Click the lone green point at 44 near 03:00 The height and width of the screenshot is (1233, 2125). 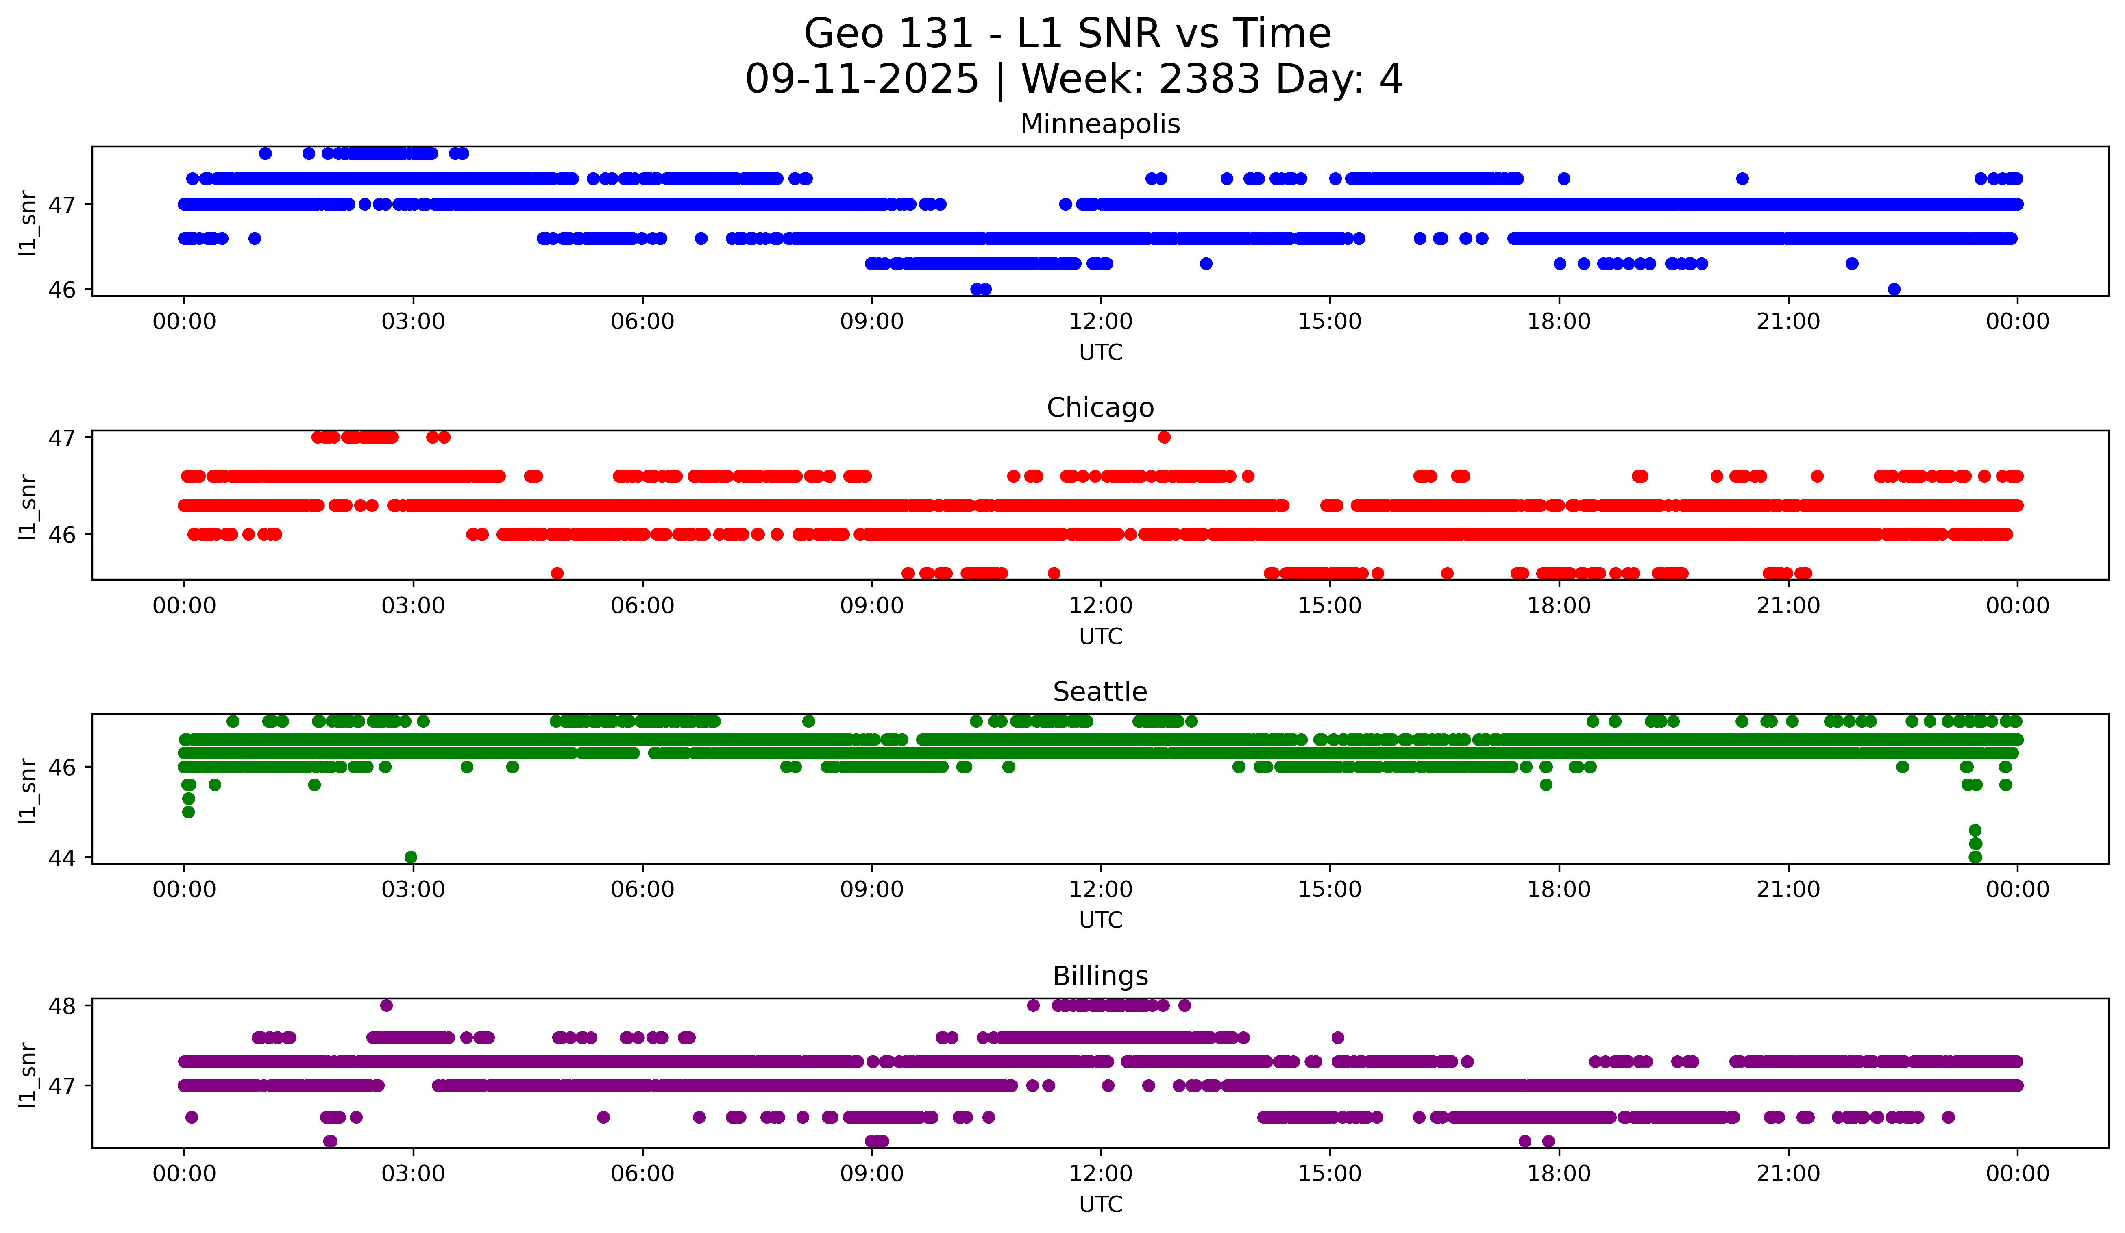(x=411, y=857)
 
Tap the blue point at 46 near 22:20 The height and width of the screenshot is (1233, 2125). (x=1894, y=289)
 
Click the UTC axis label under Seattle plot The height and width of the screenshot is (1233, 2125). (x=1100, y=920)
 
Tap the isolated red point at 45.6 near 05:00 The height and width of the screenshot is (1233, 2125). (x=557, y=573)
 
